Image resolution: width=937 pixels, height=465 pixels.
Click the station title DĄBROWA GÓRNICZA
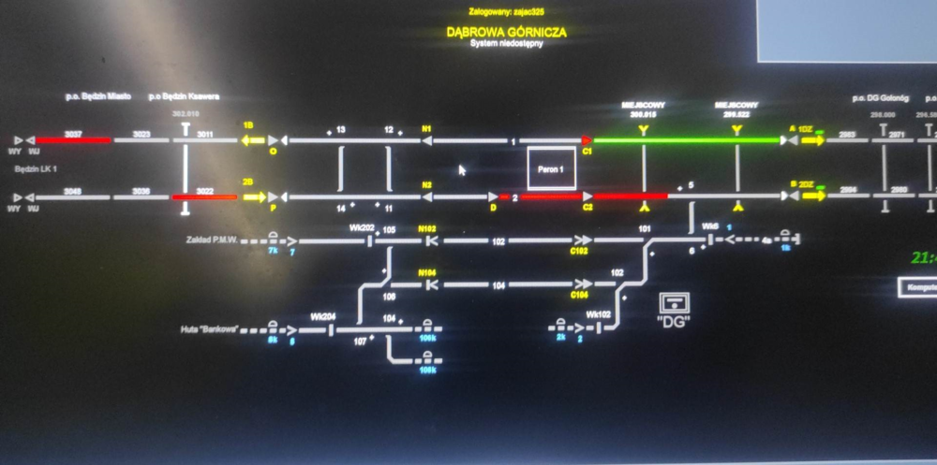tap(506, 32)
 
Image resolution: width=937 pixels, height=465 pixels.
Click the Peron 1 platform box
tap(551, 169)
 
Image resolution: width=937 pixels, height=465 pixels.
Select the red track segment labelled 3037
tap(73, 140)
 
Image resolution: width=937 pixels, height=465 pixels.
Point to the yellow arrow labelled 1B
tap(252, 140)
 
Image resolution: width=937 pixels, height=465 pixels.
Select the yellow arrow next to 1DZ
tap(811, 140)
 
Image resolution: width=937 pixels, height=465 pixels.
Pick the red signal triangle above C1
tap(587, 140)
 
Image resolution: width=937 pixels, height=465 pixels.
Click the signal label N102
tap(427, 228)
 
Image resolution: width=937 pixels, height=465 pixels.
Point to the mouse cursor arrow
tap(461, 170)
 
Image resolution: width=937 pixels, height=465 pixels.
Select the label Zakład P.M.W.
tap(214, 240)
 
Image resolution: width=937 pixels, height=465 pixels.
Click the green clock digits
tap(924, 257)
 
